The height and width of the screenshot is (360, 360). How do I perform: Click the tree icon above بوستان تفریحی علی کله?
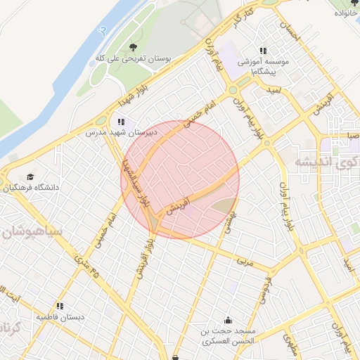click(133, 47)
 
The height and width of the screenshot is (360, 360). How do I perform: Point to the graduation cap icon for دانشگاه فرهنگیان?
click(30, 176)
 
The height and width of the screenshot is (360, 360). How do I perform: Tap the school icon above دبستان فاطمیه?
click(60, 306)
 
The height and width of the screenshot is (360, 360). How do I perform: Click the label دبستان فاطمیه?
click(60, 317)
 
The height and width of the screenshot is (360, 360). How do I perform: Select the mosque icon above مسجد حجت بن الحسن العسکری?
click(226, 320)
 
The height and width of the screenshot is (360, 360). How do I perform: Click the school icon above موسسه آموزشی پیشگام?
click(262, 51)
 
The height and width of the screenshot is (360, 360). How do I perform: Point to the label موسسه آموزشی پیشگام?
click(258, 66)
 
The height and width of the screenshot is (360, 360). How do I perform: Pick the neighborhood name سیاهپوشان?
click(31, 231)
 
